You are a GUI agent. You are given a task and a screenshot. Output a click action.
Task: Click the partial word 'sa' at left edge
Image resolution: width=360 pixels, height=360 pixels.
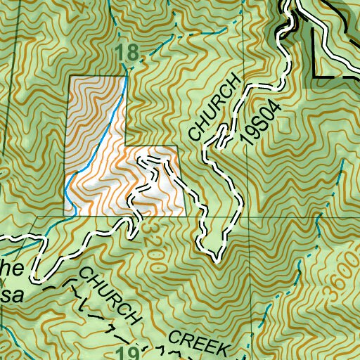click(13, 295)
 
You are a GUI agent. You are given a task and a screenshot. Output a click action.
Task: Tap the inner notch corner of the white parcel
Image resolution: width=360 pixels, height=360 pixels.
click(124, 146)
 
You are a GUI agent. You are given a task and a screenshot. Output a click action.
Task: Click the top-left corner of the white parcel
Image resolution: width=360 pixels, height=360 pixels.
click(67, 77)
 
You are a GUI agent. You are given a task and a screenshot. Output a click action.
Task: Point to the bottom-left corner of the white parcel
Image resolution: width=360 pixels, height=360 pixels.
click(66, 215)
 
